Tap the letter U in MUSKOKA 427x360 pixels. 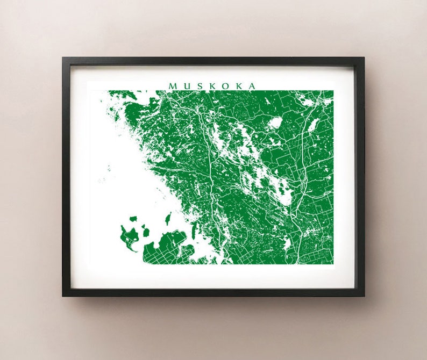[x=186, y=86]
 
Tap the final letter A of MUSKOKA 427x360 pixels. [x=251, y=86]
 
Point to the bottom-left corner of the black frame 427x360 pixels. [x=63, y=296]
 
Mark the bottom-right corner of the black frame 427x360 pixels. [x=364, y=296]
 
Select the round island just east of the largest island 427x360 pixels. [x=146, y=233]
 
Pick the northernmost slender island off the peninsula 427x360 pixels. [x=168, y=218]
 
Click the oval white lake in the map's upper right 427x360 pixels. [x=275, y=123]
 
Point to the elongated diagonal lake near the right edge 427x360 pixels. [x=313, y=125]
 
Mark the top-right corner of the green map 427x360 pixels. [x=333, y=91]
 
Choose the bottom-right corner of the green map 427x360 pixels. [x=333, y=264]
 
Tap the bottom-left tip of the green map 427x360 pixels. [x=144, y=263]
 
